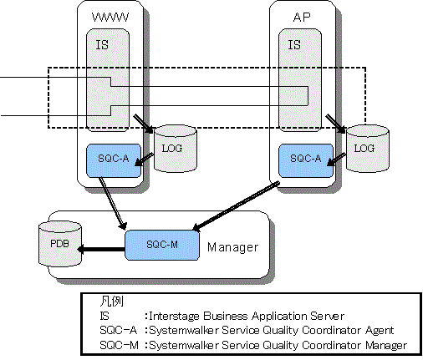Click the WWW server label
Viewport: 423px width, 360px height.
(110, 18)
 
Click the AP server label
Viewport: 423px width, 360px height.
(302, 18)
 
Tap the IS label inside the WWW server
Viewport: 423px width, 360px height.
(102, 45)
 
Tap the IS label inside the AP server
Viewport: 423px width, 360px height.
(294, 45)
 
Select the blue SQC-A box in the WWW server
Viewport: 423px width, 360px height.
(114, 160)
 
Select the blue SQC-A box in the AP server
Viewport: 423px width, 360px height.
(306, 160)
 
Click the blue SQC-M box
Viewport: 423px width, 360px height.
(162, 245)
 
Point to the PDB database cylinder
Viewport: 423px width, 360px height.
(60, 244)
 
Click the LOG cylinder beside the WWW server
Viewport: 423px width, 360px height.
(176, 148)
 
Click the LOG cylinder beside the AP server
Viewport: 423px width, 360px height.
(368, 148)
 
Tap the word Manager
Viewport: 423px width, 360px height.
(233, 247)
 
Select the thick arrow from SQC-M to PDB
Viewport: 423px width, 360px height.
(101, 249)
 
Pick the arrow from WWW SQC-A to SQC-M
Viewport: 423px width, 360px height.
(113, 204)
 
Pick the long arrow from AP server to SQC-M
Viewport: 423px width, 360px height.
(236, 206)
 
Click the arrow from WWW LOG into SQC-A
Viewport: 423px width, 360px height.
(145, 160)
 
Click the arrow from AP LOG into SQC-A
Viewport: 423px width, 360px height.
(336, 160)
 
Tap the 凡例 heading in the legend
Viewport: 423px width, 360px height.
(111, 302)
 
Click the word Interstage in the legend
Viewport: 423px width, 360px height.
(174, 316)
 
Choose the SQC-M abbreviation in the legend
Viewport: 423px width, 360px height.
(119, 345)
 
